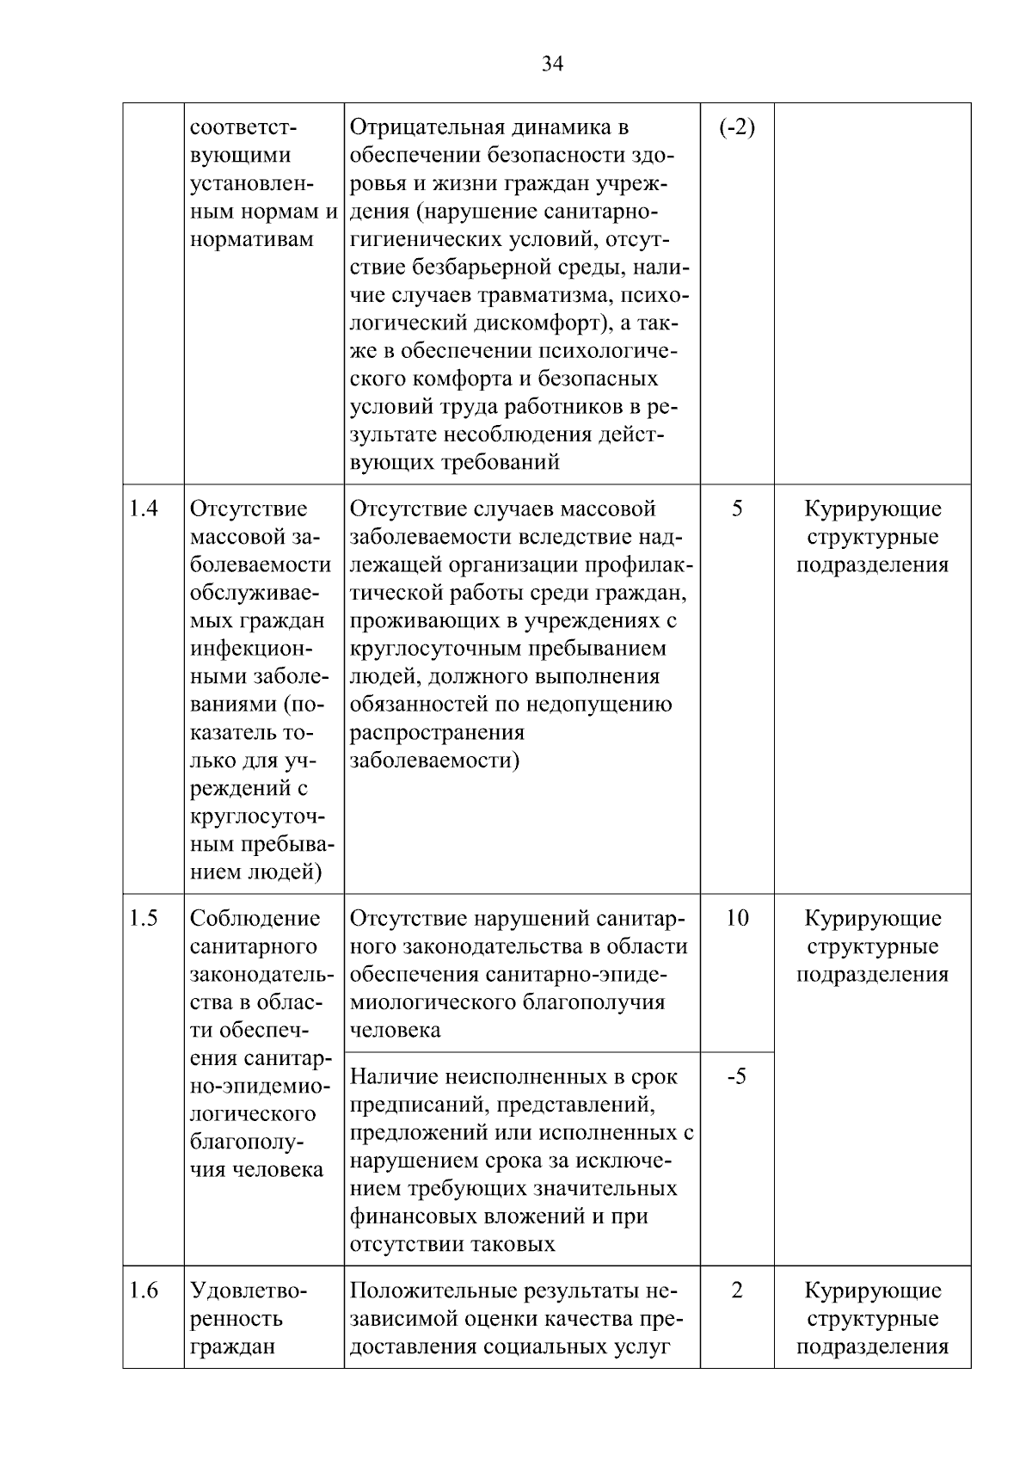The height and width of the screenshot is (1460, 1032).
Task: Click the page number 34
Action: click(x=552, y=63)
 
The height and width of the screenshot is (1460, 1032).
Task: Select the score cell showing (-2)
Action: click(x=737, y=128)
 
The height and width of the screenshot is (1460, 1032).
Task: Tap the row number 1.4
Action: click(x=144, y=508)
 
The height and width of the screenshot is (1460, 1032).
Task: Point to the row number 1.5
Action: click(x=144, y=918)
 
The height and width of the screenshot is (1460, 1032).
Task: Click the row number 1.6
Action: click(x=144, y=1291)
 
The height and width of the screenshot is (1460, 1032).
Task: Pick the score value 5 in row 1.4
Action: click(x=737, y=508)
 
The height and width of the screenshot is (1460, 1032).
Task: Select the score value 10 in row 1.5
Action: click(x=737, y=918)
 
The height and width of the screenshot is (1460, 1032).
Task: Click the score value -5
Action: click(x=737, y=1076)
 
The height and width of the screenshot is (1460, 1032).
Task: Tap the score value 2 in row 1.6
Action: click(x=737, y=1291)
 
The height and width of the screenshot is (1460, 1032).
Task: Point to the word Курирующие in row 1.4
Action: click(x=872, y=508)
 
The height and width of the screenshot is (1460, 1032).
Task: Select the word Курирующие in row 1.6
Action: click(x=872, y=1291)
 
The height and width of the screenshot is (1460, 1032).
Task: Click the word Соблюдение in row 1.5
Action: click(x=255, y=918)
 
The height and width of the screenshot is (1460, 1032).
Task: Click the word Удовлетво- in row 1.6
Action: click(x=248, y=1291)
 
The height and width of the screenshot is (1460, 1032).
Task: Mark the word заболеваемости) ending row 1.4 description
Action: click(x=435, y=761)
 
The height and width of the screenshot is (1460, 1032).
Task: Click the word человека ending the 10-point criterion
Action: click(x=396, y=1030)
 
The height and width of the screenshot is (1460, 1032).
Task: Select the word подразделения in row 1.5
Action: click(x=872, y=974)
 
